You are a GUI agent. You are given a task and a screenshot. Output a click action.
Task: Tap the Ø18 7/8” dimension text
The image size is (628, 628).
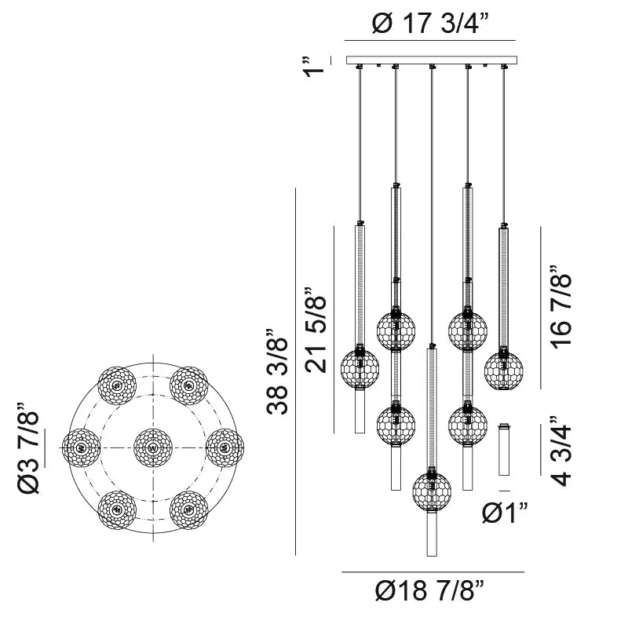[430, 590]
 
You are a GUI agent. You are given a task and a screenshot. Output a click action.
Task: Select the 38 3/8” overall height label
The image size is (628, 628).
[277, 371]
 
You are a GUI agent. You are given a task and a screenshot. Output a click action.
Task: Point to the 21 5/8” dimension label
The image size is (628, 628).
[316, 330]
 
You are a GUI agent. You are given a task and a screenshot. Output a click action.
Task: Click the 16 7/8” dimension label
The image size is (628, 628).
[560, 307]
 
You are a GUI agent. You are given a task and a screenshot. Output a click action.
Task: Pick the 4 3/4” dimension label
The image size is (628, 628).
[560, 451]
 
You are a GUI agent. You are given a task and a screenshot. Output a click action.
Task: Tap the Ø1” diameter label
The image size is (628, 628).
[505, 513]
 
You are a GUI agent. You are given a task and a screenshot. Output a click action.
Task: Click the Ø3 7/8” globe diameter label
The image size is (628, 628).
[28, 447]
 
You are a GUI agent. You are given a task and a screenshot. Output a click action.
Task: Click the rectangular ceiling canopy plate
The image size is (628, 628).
[432, 60]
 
